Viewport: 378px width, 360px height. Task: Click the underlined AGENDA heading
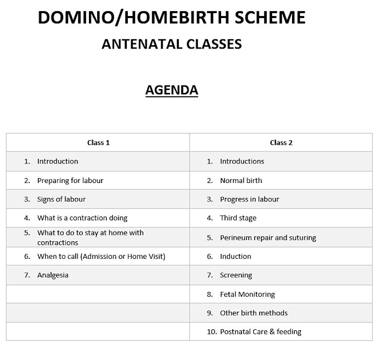coord(172,90)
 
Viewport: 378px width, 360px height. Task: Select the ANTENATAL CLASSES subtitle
coord(172,44)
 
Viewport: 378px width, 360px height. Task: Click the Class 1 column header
coord(98,143)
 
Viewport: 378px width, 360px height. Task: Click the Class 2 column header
coord(281,143)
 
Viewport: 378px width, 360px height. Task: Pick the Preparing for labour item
coord(70,180)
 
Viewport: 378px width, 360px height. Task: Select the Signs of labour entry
coord(61,199)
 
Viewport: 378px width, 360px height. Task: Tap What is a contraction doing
coord(82,218)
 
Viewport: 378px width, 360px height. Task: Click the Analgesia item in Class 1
coord(52,275)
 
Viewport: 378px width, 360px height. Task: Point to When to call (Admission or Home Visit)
coord(101,256)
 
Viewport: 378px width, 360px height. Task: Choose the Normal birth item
coord(241,180)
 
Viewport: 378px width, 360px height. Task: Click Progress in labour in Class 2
coord(249,199)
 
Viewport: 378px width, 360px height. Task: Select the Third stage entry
coord(238,218)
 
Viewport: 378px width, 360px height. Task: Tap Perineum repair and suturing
coord(268,238)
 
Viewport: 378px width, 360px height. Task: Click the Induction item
coord(236,256)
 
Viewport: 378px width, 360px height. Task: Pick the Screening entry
coord(236,275)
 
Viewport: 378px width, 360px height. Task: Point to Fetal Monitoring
coord(247,294)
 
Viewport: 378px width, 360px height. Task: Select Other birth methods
coord(254,313)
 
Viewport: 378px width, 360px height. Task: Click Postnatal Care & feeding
coord(260,332)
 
